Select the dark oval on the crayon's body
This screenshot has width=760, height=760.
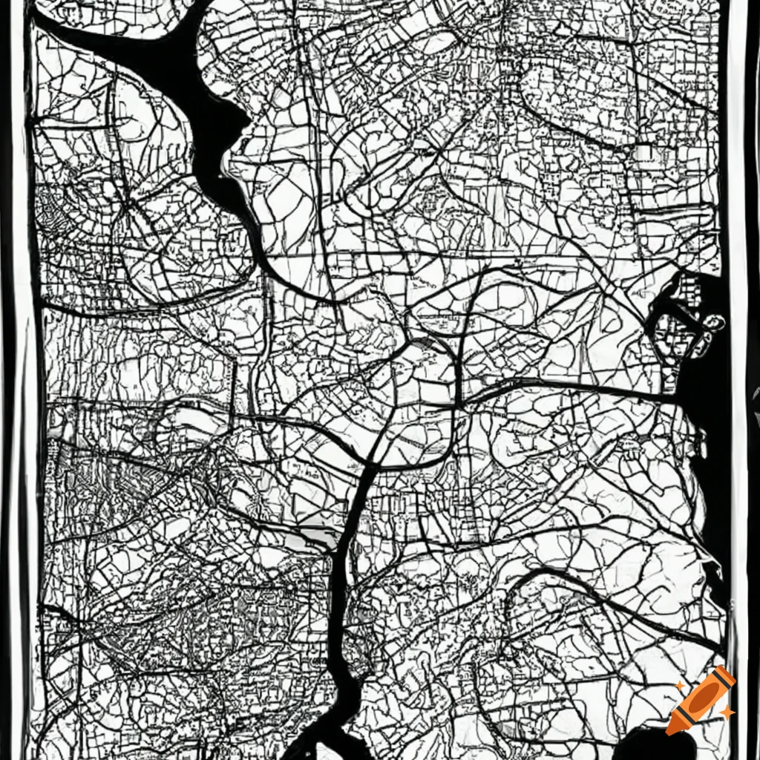point(702,698)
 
